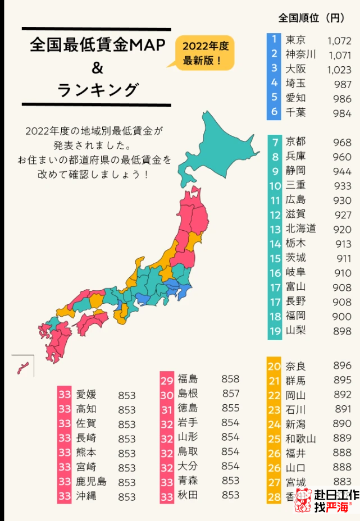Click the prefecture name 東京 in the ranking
click(x=296, y=40)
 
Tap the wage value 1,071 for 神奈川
click(x=339, y=55)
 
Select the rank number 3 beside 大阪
click(x=274, y=69)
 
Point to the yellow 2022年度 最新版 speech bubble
click(x=204, y=53)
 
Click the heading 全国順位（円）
click(x=311, y=19)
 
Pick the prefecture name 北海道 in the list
click(x=300, y=229)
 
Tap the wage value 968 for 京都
click(x=341, y=142)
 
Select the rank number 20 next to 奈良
click(x=274, y=366)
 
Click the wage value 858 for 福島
click(x=230, y=379)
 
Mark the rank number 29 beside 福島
click(x=167, y=379)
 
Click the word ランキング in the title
click(x=97, y=90)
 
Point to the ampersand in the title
click(x=97, y=68)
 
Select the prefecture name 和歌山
click(x=300, y=439)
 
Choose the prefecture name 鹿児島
click(x=91, y=482)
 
